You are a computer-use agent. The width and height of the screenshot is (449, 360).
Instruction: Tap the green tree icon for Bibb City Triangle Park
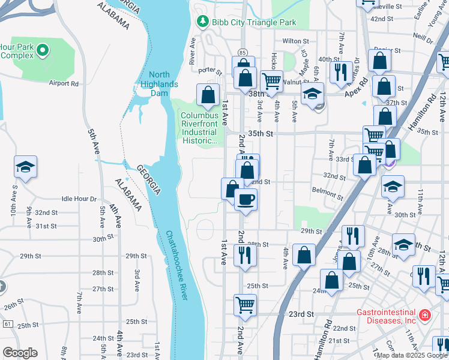[203, 22]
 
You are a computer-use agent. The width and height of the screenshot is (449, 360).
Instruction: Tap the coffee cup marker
[245, 199]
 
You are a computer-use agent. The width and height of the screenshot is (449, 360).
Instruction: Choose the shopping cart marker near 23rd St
[245, 304]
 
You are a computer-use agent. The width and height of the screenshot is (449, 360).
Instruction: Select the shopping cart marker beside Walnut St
[271, 80]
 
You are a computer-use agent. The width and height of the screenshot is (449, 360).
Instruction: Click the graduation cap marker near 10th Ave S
[26, 166]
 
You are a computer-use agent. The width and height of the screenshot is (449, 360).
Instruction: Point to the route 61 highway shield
[7, 324]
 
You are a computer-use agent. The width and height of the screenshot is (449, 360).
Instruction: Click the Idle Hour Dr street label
[79, 199]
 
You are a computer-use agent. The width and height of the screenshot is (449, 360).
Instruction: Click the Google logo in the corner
[20, 353]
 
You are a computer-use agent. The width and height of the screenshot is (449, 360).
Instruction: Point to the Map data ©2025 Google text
[411, 355]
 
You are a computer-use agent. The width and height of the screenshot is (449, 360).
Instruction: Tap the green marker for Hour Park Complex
[43, 51]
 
